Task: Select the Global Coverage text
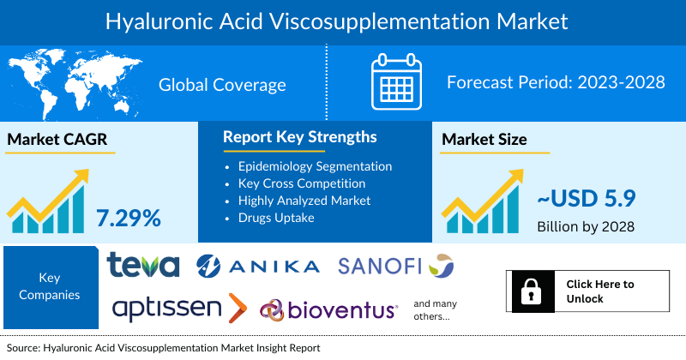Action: (x=222, y=85)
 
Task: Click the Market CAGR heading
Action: (x=58, y=139)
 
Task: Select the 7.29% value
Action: (x=128, y=218)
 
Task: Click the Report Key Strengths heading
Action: (x=299, y=137)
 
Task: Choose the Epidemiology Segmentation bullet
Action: (x=315, y=166)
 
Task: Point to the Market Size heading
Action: (x=484, y=139)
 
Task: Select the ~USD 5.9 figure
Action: (x=587, y=199)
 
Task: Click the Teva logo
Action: (x=143, y=265)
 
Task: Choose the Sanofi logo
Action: (x=395, y=266)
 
